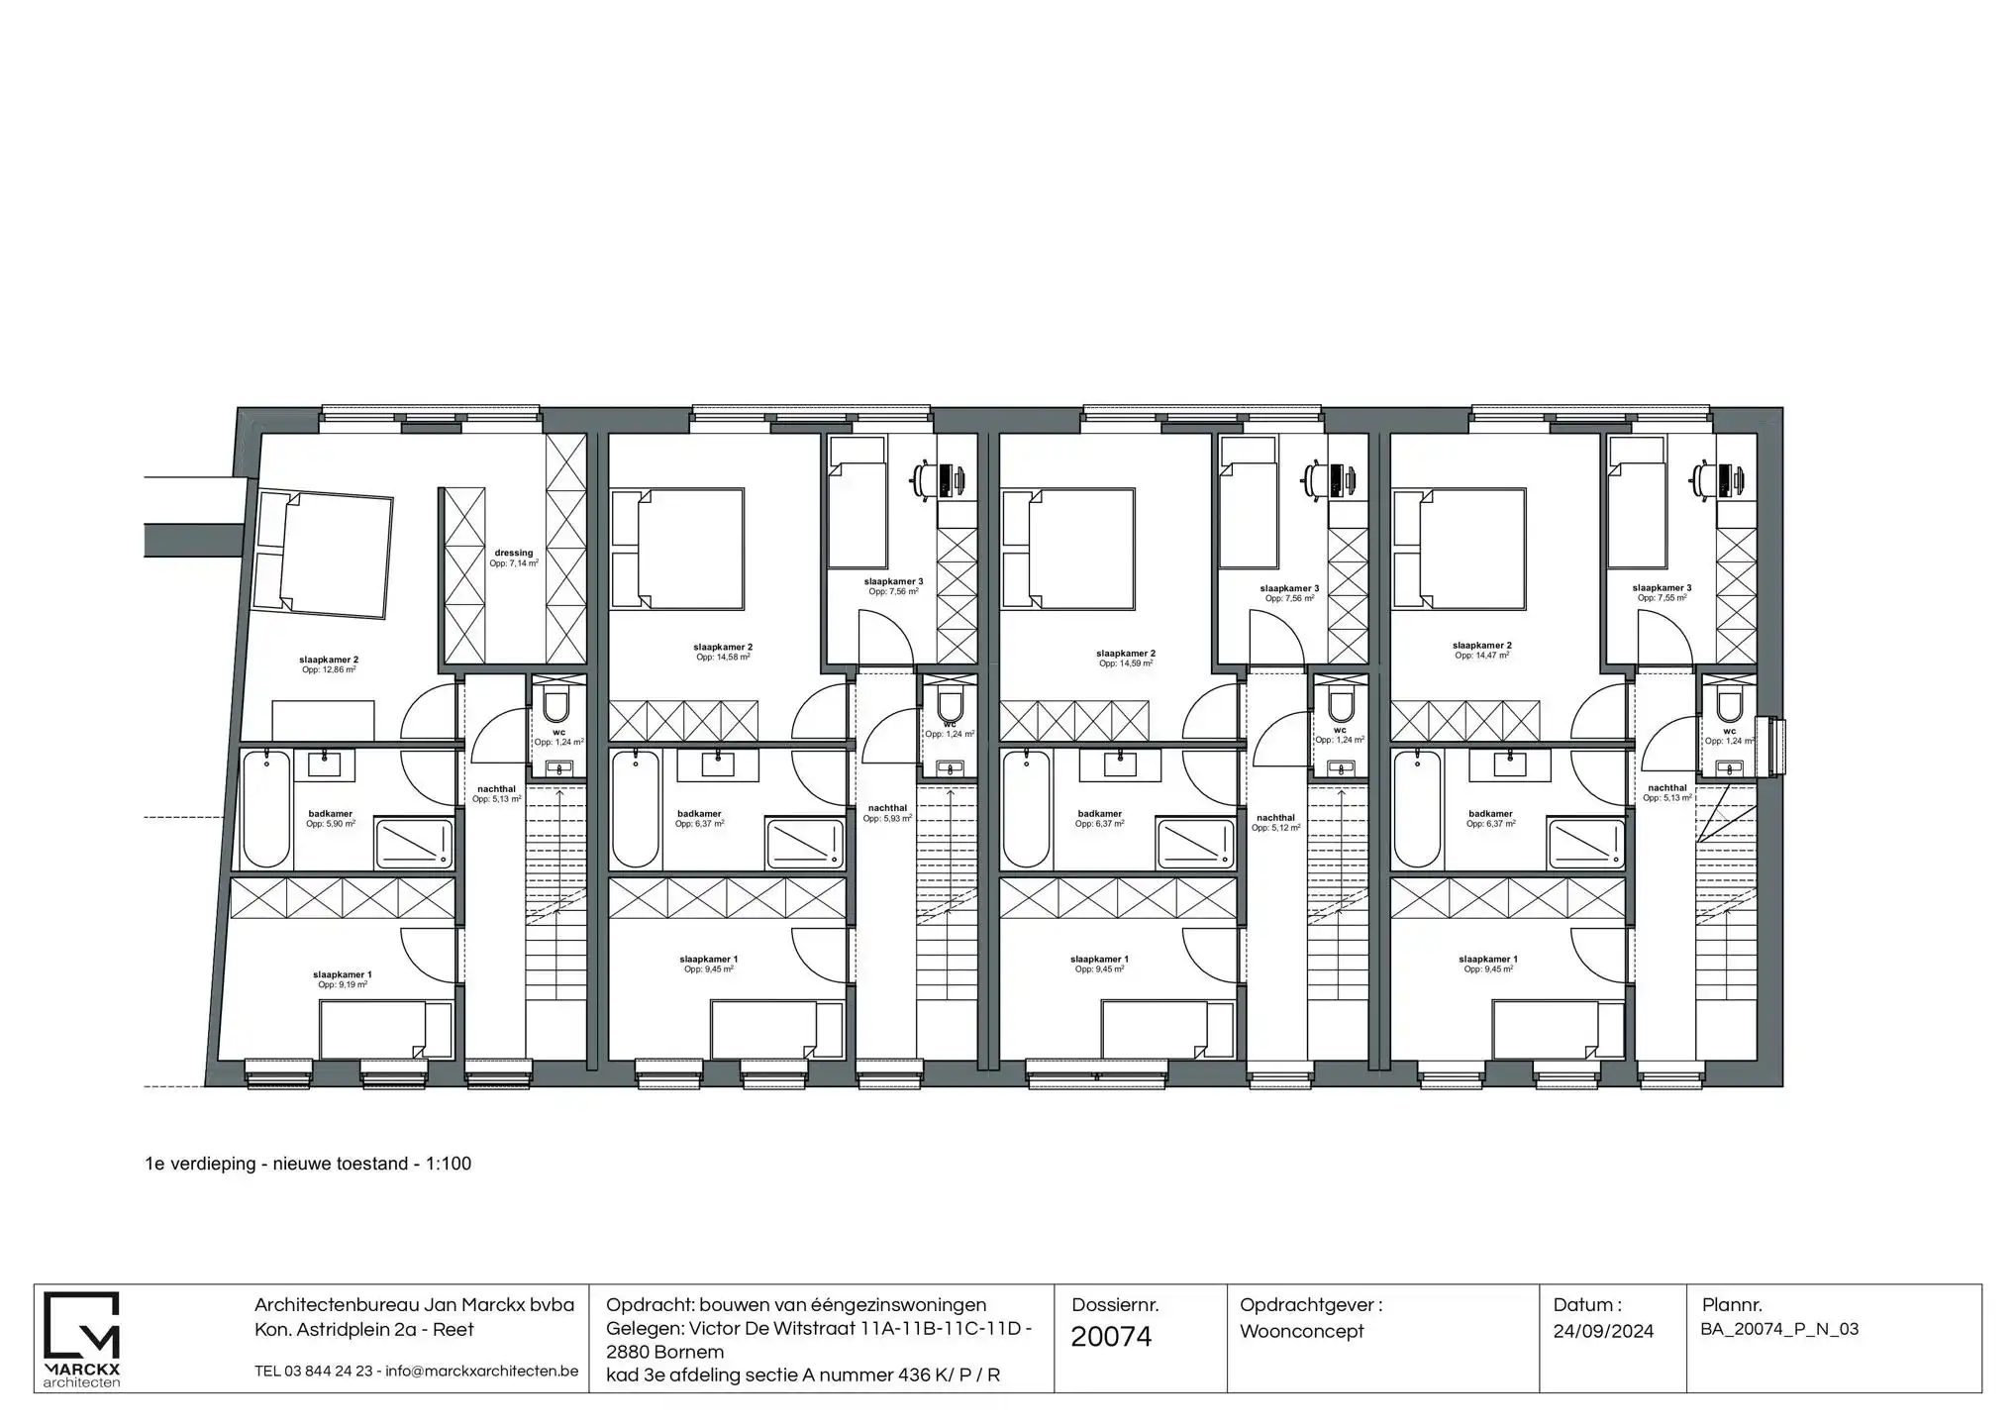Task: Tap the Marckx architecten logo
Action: tap(82, 1337)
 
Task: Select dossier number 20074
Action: tap(1111, 1337)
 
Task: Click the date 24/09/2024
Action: tap(1603, 1331)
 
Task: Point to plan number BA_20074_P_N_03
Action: tap(1779, 1329)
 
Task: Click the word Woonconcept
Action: tap(1301, 1331)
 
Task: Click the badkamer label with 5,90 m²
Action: tap(330, 819)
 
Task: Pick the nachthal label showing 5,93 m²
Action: tap(887, 813)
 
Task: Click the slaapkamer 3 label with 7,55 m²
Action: tap(1662, 592)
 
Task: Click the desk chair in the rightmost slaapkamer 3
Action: tap(1708, 478)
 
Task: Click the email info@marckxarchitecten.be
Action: tap(482, 1372)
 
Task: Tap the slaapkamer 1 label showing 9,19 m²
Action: tap(342, 979)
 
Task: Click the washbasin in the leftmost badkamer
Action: tap(324, 764)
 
